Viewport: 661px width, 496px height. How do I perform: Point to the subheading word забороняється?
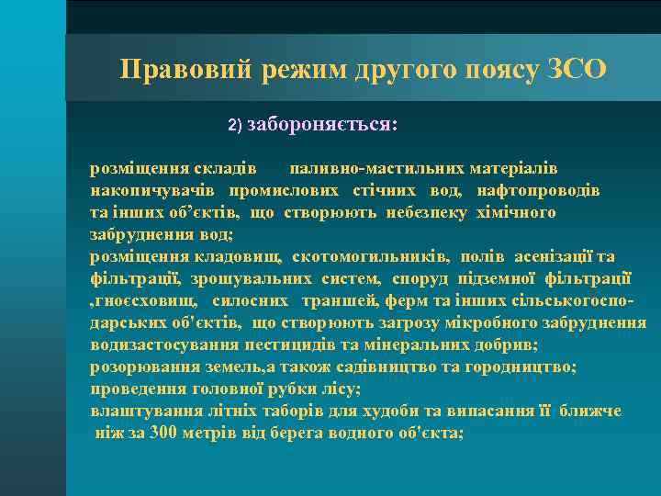(x=322, y=124)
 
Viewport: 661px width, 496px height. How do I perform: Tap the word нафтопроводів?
(x=538, y=191)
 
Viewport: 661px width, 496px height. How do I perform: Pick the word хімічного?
(x=514, y=213)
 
